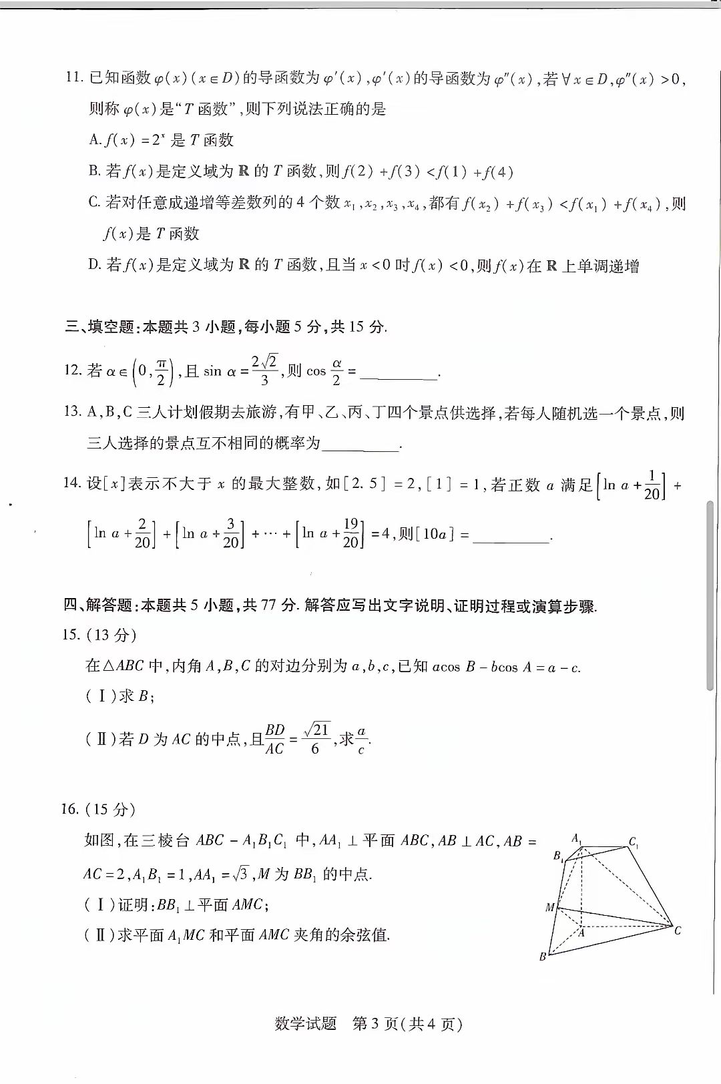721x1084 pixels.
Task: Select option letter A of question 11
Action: pyautogui.click(x=94, y=140)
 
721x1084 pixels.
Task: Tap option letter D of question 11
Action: pyautogui.click(x=94, y=265)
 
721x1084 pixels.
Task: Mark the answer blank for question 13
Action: pyautogui.click(x=360, y=445)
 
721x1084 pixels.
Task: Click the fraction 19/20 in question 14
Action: pyautogui.click(x=350, y=533)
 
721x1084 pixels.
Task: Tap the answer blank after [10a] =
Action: pyautogui.click(x=511, y=537)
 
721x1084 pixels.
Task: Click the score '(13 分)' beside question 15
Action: pyautogui.click(x=111, y=635)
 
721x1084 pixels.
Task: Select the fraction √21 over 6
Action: pyautogui.click(x=316, y=738)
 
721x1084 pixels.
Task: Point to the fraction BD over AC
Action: pyautogui.click(x=275, y=739)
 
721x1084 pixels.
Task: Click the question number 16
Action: pyautogui.click(x=70, y=810)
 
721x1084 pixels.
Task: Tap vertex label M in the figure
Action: pyautogui.click(x=550, y=907)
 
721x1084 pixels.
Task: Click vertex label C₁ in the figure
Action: pyautogui.click(x=633, y=842)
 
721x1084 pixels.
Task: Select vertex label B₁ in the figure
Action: pyautogui.click(x=558, y=856)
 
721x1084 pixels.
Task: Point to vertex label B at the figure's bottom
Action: pyautogui.click(x=543, y=957)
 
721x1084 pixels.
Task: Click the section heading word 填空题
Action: pyautogui.click(x=110, y=326)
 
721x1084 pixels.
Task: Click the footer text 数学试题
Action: pyautogui.click(x=305, y=1024)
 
